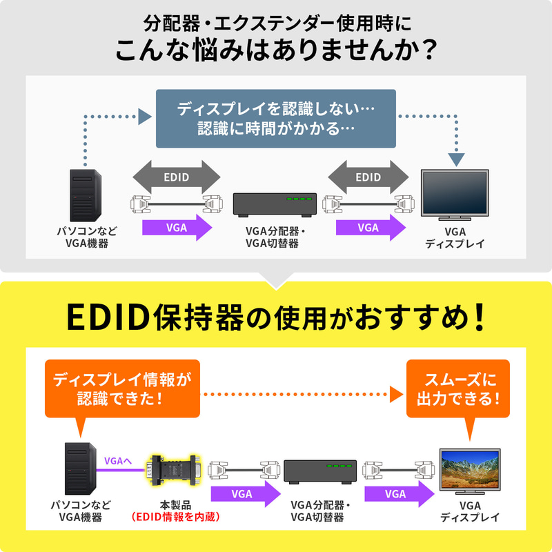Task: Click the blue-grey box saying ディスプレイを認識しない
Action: [276, 119]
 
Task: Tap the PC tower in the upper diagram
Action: [85, 195]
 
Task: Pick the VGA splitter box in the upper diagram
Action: [275, 204]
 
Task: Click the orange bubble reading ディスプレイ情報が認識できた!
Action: [121, 388]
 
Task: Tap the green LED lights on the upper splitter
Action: [299, 199]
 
